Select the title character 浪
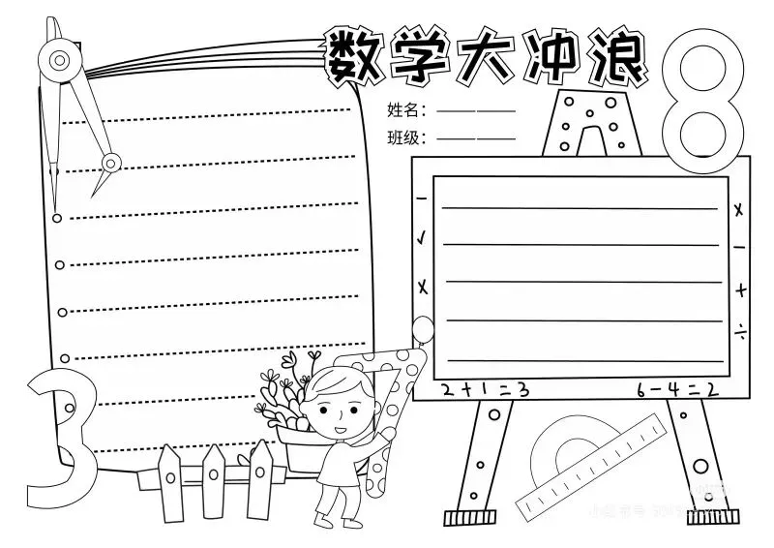[614, 56]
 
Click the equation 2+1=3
[483, 390]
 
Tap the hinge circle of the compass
[61, 60]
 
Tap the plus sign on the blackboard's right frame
[739, 288]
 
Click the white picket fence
[218, 479]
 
